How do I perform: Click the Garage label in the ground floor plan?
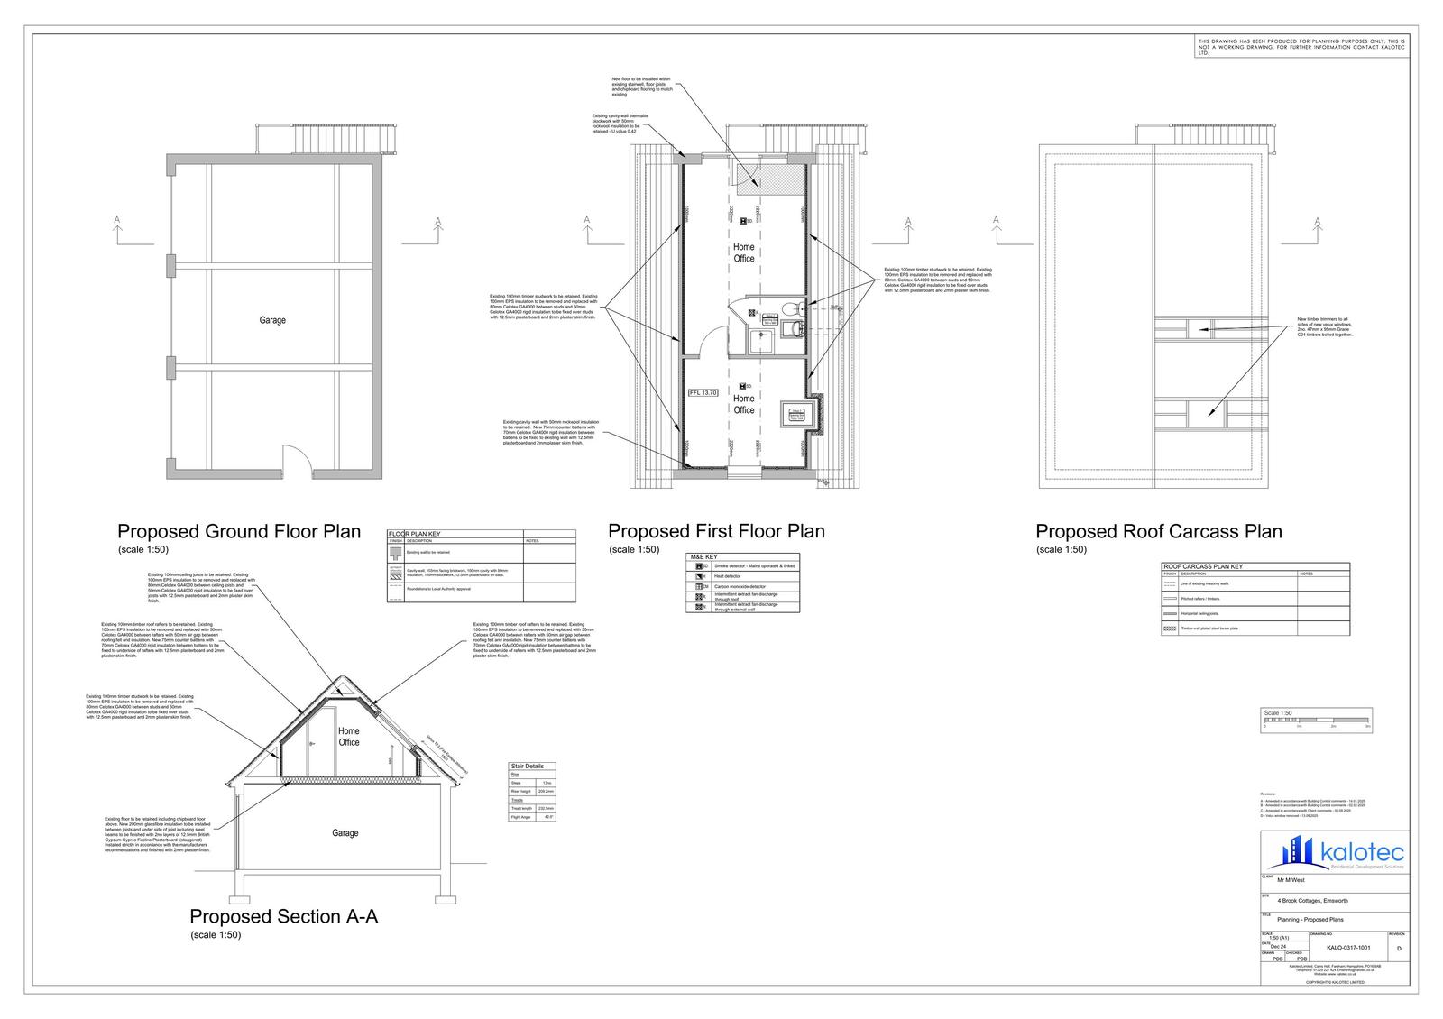pyautogui.click(x=272, y=320)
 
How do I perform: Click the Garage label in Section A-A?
pyautogui.click(x=345, y=833)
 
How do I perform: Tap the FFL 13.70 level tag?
pyautogui.click(x=703, y=392)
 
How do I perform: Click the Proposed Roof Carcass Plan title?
pyautogui.click(x=1158, y=532)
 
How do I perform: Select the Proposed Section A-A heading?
pyautogui.click(x=283, y=917)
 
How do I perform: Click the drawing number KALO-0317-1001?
pyautogui.click(x=1348, y=948)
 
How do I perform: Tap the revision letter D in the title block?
pyautogui.click(x=1399, y=949)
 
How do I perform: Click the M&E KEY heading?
pyautogui.click(x=703, y=557)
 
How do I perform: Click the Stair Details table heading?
pyautogui.click(x=527, y=766)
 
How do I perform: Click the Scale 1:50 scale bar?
pyautogui.click(x=1316, y=719)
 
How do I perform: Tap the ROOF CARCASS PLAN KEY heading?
pyautogui.click(x=1203, y=566)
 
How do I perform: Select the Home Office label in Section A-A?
pyautogui.click(x=349, y=737)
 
